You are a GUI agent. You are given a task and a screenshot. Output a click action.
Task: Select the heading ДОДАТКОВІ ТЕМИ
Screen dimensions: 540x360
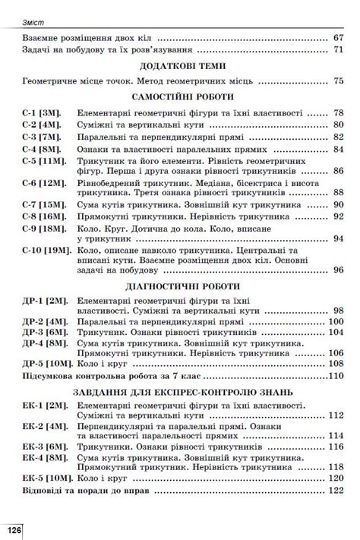[x=180, y=66]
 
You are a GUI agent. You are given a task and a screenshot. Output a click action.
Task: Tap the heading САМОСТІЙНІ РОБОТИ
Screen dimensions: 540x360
[x=180, y=97]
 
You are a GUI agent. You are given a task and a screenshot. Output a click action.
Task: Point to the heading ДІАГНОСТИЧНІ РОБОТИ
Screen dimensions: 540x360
[x=180, y=286]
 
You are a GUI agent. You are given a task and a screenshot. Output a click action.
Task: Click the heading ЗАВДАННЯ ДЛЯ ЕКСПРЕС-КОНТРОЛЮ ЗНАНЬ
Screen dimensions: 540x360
[x=180, y=393]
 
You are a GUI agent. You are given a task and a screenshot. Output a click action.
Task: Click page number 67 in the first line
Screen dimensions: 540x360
[x=339, y=37]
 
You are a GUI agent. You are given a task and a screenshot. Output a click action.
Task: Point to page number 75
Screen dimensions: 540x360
[x=339, y=81]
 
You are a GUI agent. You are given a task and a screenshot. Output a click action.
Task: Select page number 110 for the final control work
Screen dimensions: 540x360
[x=336, y=377]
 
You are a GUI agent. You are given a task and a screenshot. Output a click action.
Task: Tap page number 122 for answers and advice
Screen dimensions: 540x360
[x=336, y=492]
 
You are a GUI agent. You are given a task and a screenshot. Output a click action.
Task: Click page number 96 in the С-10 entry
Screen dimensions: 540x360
[x=339, y=269]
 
